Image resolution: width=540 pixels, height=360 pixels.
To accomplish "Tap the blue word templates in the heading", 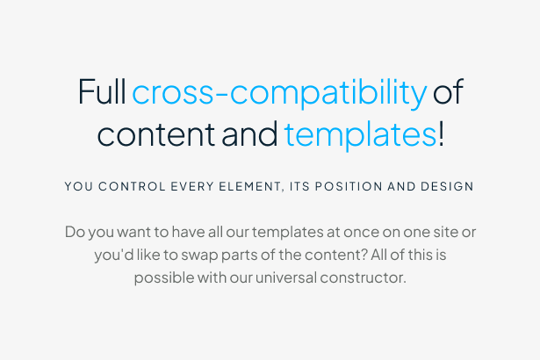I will point(360,134).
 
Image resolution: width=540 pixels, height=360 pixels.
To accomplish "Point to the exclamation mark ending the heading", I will point(441,134).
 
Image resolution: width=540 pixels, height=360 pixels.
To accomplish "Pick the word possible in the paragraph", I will point(162,278).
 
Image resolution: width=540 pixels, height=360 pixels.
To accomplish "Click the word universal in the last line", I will point(287,277).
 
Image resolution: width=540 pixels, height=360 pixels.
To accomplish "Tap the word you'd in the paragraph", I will point(114,256).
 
